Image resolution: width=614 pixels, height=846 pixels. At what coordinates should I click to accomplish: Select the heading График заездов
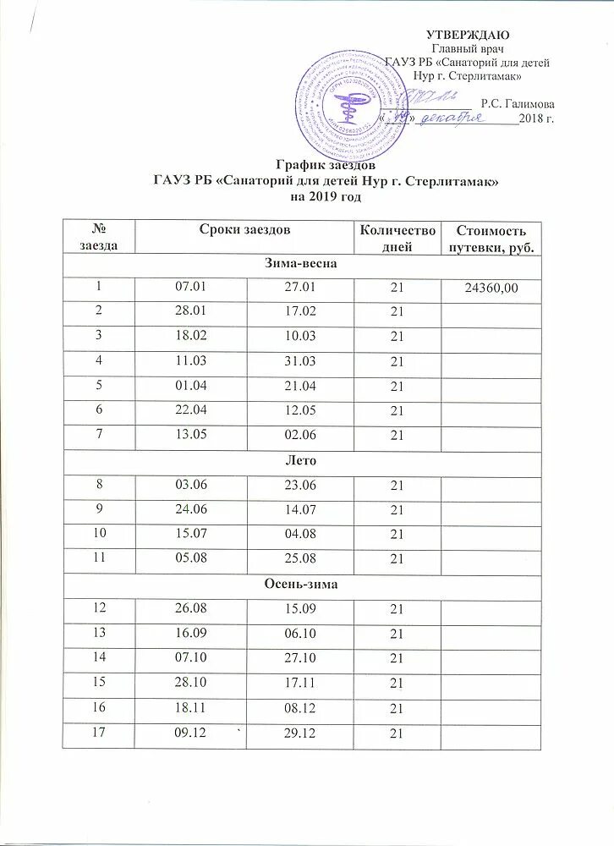click(x=326, y=167)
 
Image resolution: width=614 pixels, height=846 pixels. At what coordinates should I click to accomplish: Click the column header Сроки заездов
click(x=244, y=230)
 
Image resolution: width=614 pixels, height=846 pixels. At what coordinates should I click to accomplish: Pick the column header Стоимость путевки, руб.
click(x=491, y=239)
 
